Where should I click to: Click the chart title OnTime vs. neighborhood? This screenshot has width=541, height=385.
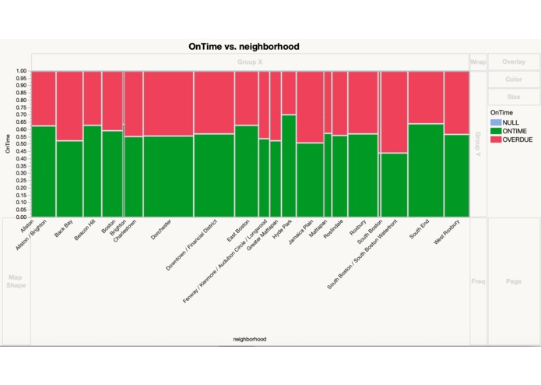(x=244, y=47)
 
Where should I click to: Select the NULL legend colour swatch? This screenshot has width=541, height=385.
(x=495, y=122)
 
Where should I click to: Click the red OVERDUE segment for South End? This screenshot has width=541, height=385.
(x=426, y=97)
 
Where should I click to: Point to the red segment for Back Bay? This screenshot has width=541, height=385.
(x=69, y=105)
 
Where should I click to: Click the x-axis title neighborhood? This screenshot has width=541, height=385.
(x=249, y=339)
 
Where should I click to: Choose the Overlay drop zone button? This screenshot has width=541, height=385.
(x=513, y=62)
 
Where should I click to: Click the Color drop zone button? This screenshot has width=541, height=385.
(x=513, y=79)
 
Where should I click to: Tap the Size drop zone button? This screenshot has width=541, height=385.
(x=513, y=97)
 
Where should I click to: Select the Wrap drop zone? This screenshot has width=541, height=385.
(x=478, y=62)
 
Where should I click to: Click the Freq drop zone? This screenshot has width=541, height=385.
(x=478, y=281)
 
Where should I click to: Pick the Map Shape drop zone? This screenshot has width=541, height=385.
(x=16, y=281)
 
